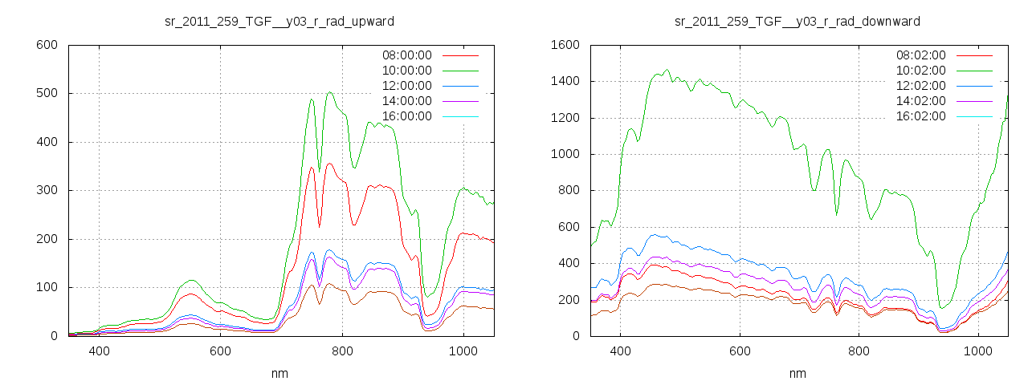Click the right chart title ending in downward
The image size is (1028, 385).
pos(797,21)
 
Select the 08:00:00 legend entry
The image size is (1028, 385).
pos(406,55)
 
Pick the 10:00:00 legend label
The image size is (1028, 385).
pos(406,71)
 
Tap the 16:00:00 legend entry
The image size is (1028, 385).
pos(406,116)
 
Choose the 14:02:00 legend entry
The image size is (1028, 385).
pos(920,101)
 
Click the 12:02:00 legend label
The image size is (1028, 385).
pos(920,86)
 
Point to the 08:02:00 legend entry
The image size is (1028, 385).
pos(920,55)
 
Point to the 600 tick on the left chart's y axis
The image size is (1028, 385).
pos(47,45)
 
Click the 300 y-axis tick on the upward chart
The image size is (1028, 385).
pos(47,190)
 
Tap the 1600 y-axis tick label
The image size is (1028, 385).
pos(565,45)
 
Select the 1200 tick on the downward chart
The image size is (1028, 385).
pos(565,118)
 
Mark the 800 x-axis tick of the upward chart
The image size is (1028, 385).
pos(342,351)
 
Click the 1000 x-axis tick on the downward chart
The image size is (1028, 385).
pos(978,351)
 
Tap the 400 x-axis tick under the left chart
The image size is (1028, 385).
pos(99,351)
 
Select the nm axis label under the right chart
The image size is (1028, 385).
pos(797,373)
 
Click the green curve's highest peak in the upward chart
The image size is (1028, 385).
pos(330,92)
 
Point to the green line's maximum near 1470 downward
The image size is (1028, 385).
pos(667,69)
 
